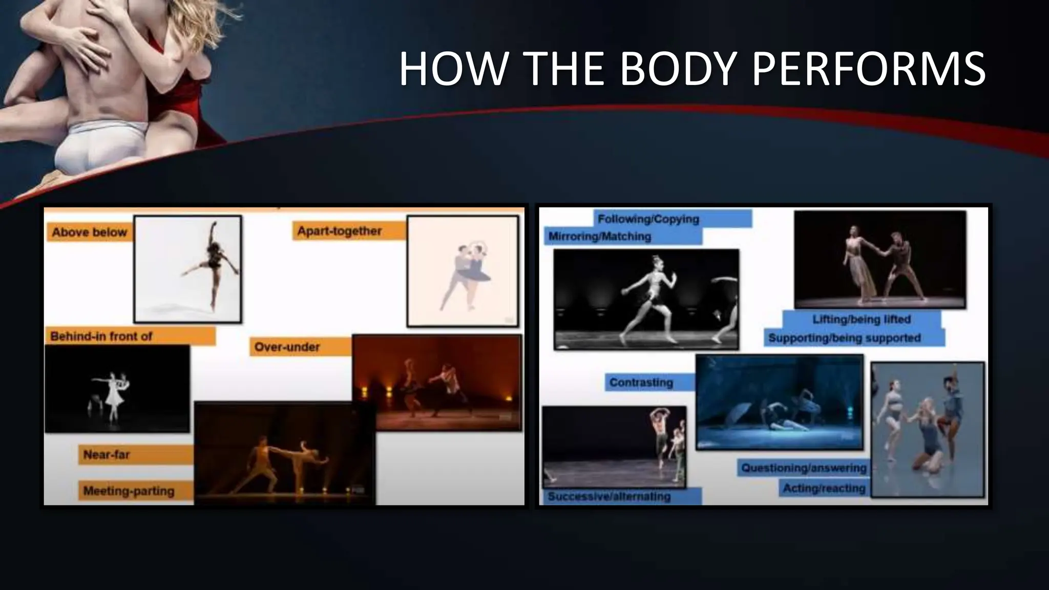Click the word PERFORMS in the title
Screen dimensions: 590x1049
point(868,69)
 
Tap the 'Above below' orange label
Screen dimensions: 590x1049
point(89,232)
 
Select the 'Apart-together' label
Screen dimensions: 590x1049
point(340,231)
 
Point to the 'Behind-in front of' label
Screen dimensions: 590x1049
point(101,336)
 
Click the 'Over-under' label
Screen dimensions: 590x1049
point(287,347)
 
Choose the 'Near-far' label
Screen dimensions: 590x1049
point(107,454)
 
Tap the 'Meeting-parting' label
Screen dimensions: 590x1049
point(129,491)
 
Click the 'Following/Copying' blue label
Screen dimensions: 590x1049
point(648,219)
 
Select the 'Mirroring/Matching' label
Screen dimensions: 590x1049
point(599,236)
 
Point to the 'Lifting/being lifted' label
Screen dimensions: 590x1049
point(862,319)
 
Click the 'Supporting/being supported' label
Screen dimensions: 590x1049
point(844,338)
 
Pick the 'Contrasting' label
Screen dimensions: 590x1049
point(641,383)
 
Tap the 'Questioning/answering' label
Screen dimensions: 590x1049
point(804,468)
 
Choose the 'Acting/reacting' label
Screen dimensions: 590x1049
point(824,489)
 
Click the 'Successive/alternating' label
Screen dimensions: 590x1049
point(609,496)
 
